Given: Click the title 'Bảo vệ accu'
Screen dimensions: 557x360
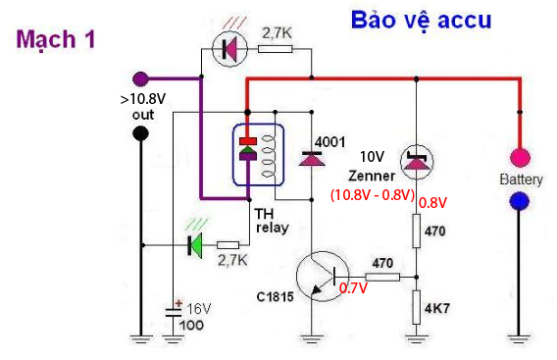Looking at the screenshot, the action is (x=422, y=21).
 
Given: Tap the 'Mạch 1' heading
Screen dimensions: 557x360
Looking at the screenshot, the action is (x=56, y=39).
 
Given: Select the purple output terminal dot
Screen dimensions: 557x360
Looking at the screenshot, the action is (x=140, y=78).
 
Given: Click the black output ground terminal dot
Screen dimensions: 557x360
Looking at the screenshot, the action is (x=140, y=134).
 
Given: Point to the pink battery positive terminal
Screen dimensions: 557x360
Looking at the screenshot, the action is (x=520, y=158).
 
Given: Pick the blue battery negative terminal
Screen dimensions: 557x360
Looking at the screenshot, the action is (x=520, y=201).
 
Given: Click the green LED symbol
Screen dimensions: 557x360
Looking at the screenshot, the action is (x=195, y=245).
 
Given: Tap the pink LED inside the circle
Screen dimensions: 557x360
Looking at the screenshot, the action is (x=229, y=48).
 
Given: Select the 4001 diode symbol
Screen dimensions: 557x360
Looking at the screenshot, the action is (x=312, y=159).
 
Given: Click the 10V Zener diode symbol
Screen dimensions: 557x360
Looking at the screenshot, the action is (x=417, y=162).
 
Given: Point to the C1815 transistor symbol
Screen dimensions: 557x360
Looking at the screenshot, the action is (x=323, y=276).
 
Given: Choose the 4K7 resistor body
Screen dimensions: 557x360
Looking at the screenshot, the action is (x=417, y=307).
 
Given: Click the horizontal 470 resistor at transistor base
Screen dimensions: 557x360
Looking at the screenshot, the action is (x=382, y=277).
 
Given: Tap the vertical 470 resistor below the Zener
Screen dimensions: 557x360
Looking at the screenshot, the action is (x=417, y=231).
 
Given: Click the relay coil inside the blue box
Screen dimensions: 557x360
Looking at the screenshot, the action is (x=268, y=156).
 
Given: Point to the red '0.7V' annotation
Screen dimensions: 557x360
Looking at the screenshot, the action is (x=353, y=288).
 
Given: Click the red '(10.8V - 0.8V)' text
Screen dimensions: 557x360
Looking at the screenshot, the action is (x=373, y=195).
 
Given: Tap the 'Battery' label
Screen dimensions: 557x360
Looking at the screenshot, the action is (x=521, y=180).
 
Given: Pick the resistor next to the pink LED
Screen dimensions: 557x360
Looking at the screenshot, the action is (x=276, y=49).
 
